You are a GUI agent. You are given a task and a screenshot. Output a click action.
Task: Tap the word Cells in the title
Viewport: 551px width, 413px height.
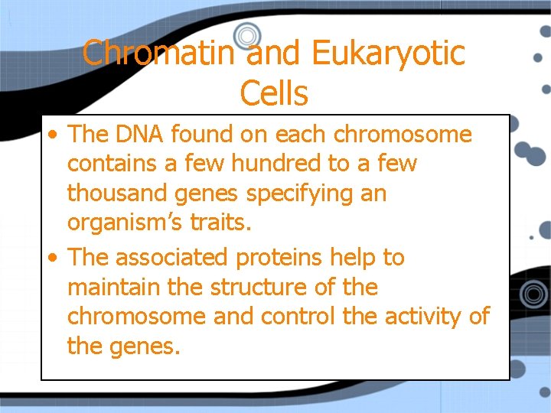tap(274, 93)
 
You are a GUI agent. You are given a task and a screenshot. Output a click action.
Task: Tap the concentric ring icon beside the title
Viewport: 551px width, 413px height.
tap(247, 35)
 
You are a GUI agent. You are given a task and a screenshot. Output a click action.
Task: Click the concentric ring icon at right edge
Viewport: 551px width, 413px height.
tap(534, 293)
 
